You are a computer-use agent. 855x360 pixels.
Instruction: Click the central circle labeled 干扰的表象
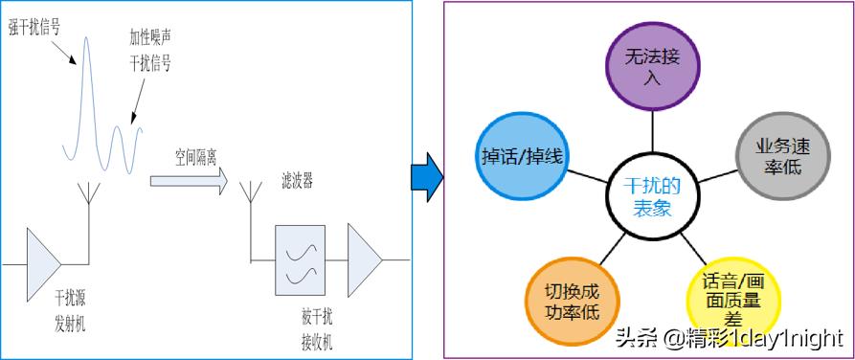(x=652, y=195)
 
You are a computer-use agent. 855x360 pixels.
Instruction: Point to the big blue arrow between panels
(x=426, y=177)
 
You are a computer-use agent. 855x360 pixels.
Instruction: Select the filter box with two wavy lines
(x=301, y=260)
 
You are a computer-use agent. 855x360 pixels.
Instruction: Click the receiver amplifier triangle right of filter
(x=365, y=260)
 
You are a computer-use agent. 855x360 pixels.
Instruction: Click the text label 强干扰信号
(x=34, y=27)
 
